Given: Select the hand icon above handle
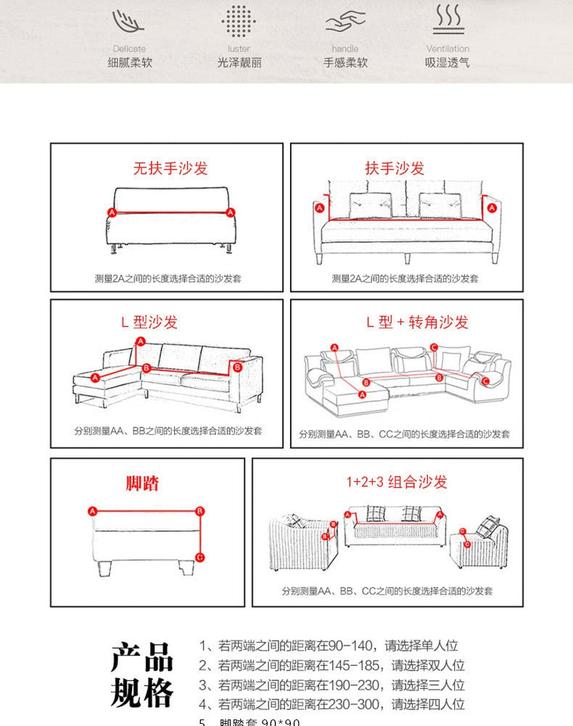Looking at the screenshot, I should point(345,23).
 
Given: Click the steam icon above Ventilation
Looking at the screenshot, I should point(448,20).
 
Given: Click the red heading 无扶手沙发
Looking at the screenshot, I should point(170,168).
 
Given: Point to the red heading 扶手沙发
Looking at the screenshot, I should point(395,168).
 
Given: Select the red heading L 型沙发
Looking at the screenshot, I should point(149,322).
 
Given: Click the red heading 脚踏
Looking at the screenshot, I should point(143,484).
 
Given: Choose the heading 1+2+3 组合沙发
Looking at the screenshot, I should point(396,481).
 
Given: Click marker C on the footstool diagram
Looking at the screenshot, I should point(200,558).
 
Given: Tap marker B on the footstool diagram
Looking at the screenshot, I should point(200,511).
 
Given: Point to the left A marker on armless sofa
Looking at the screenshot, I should point(112,212).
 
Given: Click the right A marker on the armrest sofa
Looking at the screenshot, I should point(492,208).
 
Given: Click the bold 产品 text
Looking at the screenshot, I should point(142,657).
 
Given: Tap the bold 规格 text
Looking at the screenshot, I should point(142,694).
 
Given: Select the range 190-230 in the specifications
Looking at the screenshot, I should point(352,685).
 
